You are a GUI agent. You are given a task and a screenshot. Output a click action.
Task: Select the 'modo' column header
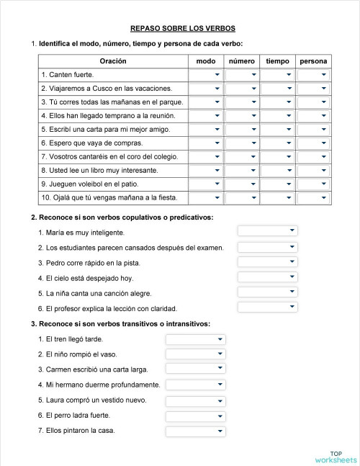205,61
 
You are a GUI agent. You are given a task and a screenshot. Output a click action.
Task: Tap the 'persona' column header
314,61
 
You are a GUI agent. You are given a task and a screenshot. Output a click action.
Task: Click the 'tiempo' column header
277,61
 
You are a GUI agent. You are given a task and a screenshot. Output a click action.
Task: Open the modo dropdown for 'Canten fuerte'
205,75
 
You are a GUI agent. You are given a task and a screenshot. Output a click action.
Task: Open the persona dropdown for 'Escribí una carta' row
314,130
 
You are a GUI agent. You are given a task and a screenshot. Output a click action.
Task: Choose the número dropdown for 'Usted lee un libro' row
242,171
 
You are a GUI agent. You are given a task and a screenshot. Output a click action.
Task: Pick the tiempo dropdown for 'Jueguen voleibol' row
277,184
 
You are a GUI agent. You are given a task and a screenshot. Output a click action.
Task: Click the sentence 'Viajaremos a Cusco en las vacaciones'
107,89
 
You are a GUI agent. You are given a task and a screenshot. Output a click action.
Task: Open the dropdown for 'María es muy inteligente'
267,230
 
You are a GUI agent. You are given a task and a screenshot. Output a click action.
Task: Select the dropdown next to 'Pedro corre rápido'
267,261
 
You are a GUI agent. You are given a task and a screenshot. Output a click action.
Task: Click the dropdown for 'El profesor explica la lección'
267,308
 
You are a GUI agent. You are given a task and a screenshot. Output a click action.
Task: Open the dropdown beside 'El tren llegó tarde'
195,339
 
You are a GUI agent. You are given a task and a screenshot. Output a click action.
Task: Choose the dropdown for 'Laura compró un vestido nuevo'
195,400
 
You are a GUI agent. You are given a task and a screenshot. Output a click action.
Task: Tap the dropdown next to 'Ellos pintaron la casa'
195,431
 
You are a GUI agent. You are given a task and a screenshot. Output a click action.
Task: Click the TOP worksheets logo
335,455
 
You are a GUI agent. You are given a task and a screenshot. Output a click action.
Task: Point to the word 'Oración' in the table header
113,61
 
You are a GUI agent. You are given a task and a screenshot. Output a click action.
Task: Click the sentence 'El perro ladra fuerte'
78,416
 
